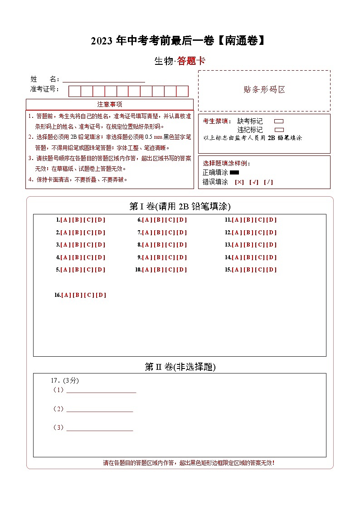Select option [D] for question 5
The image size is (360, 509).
click(100, 270)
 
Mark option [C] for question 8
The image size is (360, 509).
click(170, 245)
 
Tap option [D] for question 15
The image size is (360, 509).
click(271, 270)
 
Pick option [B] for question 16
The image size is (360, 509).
click(78, 295)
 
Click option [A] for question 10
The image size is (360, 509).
click(147, 270)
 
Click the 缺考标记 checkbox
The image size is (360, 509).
click(279, 121)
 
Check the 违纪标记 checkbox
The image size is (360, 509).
click(279, 130)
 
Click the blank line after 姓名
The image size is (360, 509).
click(104, 79)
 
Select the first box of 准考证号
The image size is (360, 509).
click(74, 91)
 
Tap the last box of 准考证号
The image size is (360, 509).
click(182, 91)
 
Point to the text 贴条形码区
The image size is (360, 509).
click(264, 90)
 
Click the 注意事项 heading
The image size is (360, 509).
click(110, 105)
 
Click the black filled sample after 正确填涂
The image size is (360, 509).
click(234, 172)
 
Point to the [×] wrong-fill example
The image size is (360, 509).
click(239, 182)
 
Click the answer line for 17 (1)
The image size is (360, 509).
click(101, 390)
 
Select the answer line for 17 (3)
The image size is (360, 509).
click(100, 427)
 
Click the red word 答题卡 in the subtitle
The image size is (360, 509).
click(191, 61)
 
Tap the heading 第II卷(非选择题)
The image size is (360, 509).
click(180, 367)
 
